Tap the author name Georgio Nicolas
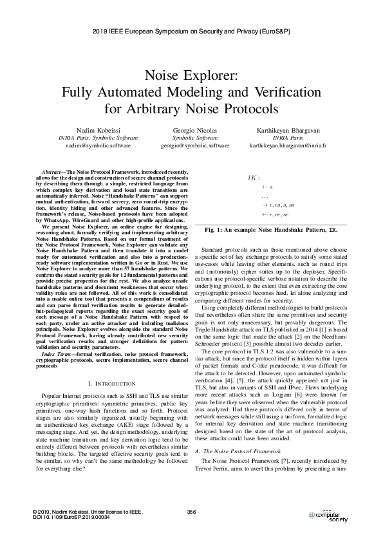coord(191,131)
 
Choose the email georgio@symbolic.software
coord(191,146)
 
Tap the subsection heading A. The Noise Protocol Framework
coord(241,453)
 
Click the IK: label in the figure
coord(254,176)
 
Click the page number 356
coord(191,512)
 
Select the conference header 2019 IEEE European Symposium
coord(191,31)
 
